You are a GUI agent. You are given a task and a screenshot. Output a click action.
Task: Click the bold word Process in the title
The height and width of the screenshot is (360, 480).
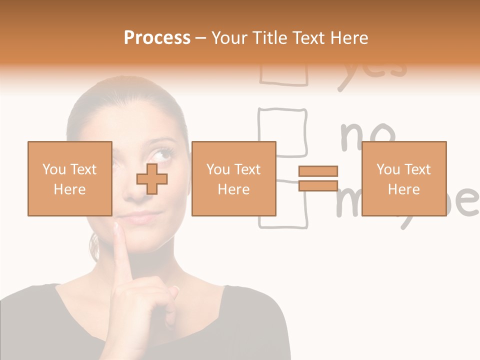click(x=157, y=38)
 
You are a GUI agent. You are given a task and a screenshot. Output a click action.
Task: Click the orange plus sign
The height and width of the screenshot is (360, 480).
click(x=152, y=179)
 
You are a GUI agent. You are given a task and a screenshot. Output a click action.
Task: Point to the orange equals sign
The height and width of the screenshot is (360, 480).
click(x=318, y=178)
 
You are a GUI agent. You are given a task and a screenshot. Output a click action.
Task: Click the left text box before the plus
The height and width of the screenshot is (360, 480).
click(x=69, y=178)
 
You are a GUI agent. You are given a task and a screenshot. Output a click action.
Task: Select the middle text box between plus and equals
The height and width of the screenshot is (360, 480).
click(x=233, y=178)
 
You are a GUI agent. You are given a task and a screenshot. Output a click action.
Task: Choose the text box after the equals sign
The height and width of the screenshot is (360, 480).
click(x=403, y=178)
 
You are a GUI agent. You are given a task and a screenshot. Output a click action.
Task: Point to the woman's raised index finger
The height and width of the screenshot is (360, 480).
click(x=121, y=250)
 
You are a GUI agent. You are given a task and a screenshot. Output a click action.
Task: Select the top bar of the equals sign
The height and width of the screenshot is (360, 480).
click(x=318, y=171)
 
